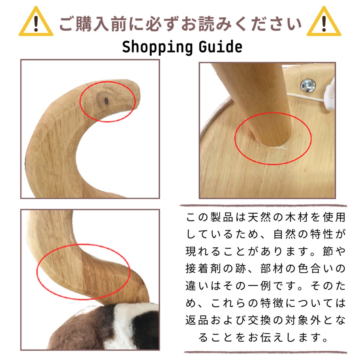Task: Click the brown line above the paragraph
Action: click(x=263, y=206)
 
